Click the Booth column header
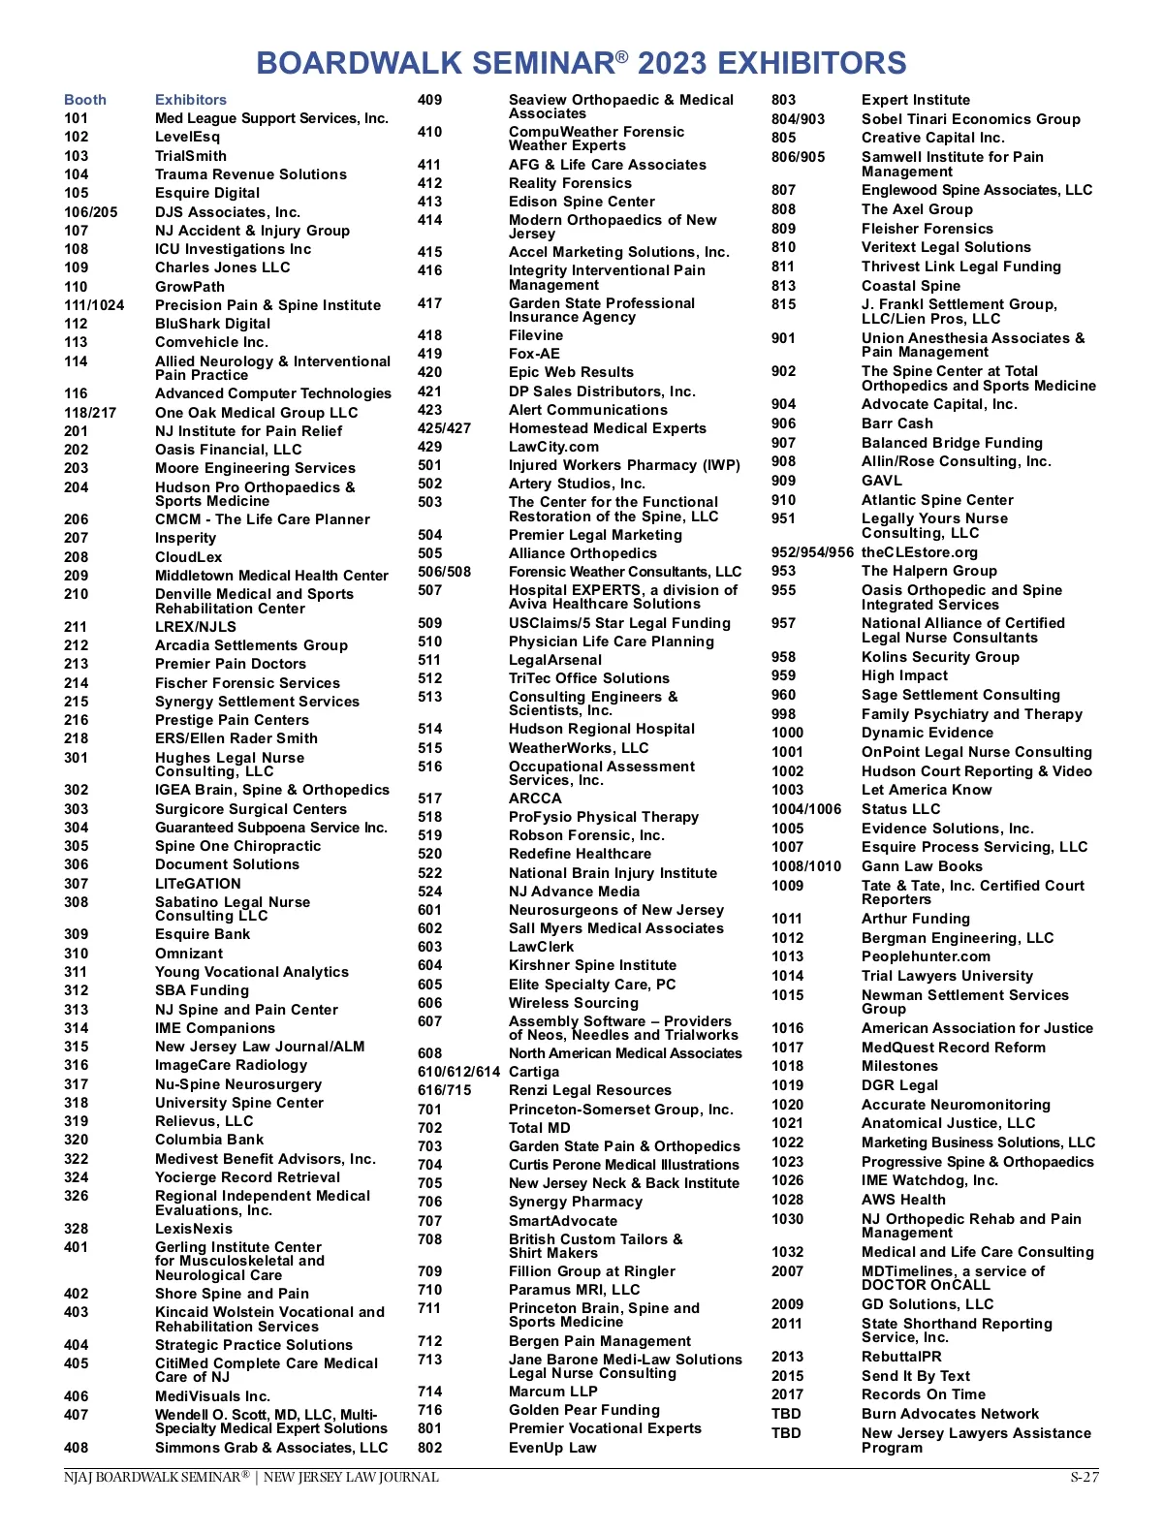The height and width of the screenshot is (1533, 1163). pos(85,100)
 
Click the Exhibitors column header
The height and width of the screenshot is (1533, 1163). pos(191,100)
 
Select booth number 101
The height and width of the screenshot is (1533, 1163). pos(77,118)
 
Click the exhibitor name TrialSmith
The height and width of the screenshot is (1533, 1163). pos(191,156)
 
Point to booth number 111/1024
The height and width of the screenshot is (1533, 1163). pos(94,305)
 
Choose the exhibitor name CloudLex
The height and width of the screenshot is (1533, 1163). pos(189,557)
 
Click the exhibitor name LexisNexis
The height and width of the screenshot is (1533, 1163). pos(194,1229)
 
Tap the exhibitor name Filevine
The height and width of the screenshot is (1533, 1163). pos(536,335)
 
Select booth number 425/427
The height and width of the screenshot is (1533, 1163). pos(444,428)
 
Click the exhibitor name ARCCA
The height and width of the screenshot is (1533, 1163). pos(535,798)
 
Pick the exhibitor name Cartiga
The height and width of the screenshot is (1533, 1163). pos(534,1072)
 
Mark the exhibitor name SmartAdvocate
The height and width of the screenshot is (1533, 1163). pos(563,1221)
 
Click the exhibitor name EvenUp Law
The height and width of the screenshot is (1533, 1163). pos(552,1448)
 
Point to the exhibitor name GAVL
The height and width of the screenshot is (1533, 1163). pos(882,481)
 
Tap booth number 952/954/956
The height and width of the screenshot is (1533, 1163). pos(812,552)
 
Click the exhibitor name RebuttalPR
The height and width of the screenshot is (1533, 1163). pos(901,1357)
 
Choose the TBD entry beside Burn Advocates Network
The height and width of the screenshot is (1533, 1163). pos(786,1414)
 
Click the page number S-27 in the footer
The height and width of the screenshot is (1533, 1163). pos(1084,1478)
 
